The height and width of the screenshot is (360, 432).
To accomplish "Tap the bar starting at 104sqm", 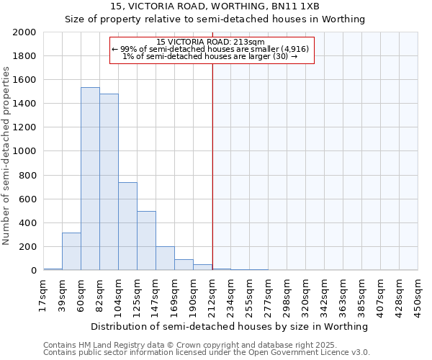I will point(127,226).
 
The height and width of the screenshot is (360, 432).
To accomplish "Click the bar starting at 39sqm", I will point(71,251).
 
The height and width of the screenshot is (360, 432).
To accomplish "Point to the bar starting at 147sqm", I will point(165,258).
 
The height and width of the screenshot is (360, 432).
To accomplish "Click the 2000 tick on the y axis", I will point(24,32).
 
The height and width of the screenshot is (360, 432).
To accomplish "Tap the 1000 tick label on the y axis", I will point(24,152).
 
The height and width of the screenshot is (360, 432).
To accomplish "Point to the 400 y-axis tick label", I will point(27,223).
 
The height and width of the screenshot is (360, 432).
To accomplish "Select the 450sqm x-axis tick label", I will point(418,295).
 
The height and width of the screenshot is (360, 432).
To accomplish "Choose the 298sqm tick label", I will point(287,295).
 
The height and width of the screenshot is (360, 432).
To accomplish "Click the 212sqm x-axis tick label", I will point(212,295).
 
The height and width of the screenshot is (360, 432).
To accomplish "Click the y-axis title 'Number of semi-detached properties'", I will point(6,155).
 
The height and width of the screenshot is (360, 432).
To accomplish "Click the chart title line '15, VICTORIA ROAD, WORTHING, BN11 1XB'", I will point(215,6).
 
